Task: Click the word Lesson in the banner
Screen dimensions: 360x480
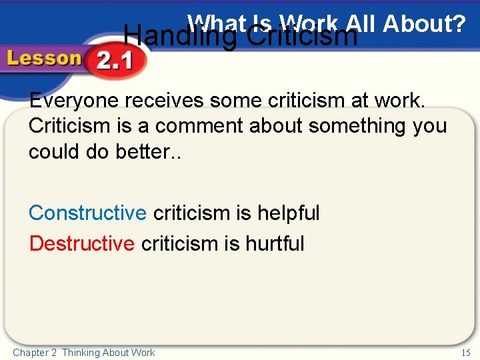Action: (43, 59)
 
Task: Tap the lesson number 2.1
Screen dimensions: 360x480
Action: (114, 62)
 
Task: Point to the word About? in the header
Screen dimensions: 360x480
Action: (424, 24)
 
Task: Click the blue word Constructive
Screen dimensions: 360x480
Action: (87, 213)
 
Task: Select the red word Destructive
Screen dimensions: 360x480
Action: (81, 243)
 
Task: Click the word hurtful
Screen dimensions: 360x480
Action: (275, 243)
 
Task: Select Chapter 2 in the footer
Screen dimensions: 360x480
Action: (35, 352)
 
